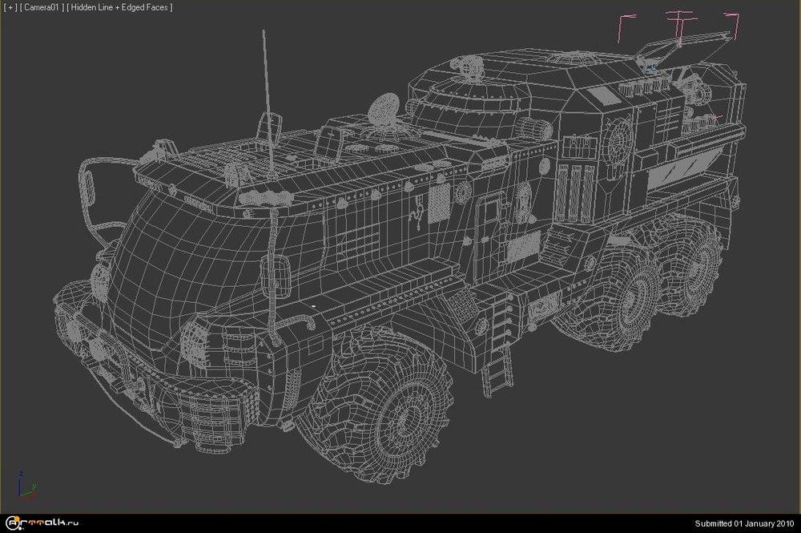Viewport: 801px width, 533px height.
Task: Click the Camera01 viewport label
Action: [x=42, y=8]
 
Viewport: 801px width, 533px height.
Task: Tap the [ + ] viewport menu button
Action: [x=10, y=8]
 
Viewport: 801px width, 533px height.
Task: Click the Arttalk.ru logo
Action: [x=42, y=523]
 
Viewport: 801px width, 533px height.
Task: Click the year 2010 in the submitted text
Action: [x=784, y=523]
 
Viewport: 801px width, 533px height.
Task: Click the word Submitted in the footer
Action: [x=713, y=523]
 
